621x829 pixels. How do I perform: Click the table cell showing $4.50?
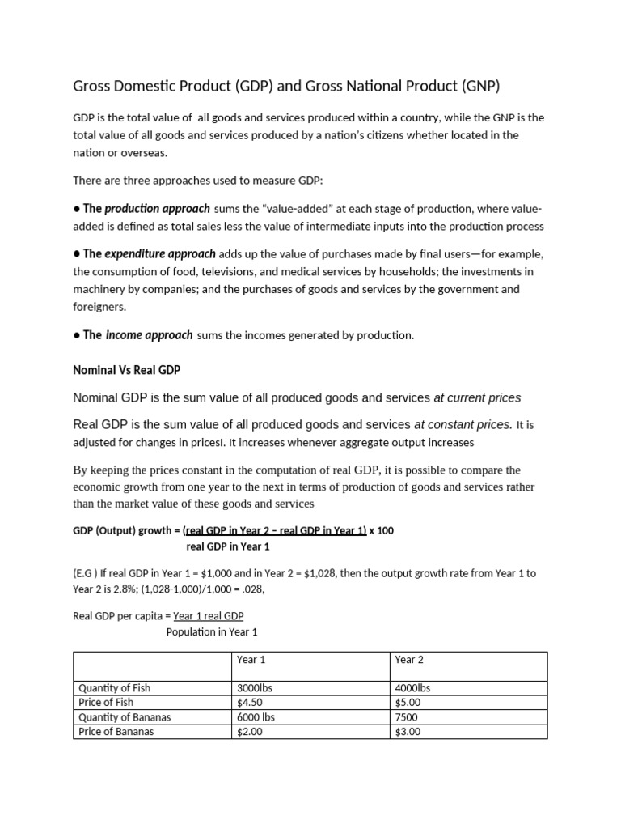249,702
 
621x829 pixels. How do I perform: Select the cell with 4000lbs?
412,687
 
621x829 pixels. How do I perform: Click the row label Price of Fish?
106,702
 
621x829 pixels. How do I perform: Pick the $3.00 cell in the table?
408,731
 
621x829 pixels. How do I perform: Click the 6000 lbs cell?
256,716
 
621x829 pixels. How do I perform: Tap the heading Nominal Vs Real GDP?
126,370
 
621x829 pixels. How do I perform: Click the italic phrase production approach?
157,208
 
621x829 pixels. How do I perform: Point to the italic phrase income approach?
150,334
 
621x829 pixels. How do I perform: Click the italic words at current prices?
477,397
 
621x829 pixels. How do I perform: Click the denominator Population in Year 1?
212,631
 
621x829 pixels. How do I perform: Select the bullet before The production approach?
76,209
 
